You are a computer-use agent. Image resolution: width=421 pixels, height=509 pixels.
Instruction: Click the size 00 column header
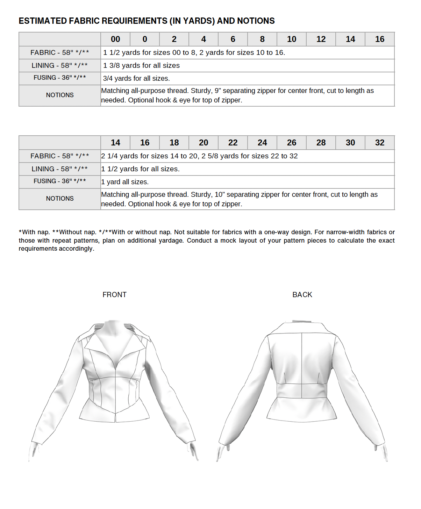point(115,39)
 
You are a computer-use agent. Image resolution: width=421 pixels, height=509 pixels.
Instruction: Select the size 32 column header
point(380,143)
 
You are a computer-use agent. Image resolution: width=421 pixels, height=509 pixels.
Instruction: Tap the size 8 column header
point(262,39)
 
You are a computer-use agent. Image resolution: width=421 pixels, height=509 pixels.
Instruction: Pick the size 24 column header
point(262,143)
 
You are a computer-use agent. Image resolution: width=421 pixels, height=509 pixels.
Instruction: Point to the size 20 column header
point(204,143)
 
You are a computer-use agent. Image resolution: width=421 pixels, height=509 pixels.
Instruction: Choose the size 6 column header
point(233,39)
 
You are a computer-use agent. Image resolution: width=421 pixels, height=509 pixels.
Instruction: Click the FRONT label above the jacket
point(114,295)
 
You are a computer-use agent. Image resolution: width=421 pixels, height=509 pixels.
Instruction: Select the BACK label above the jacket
point(302,295)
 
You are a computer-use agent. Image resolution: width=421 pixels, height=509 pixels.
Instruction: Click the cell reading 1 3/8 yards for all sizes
point(141,65)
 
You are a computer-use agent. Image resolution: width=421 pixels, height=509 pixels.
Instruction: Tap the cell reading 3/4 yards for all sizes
point(136,78)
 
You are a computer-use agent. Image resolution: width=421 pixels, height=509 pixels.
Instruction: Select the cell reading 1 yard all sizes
point(125,182)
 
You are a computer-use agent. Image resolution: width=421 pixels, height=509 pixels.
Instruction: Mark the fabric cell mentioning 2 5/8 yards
point(199,156)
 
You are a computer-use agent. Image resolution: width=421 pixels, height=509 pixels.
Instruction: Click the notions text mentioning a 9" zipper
point(237,95)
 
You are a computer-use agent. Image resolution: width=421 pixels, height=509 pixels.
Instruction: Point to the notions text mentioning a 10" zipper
point(239,199)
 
